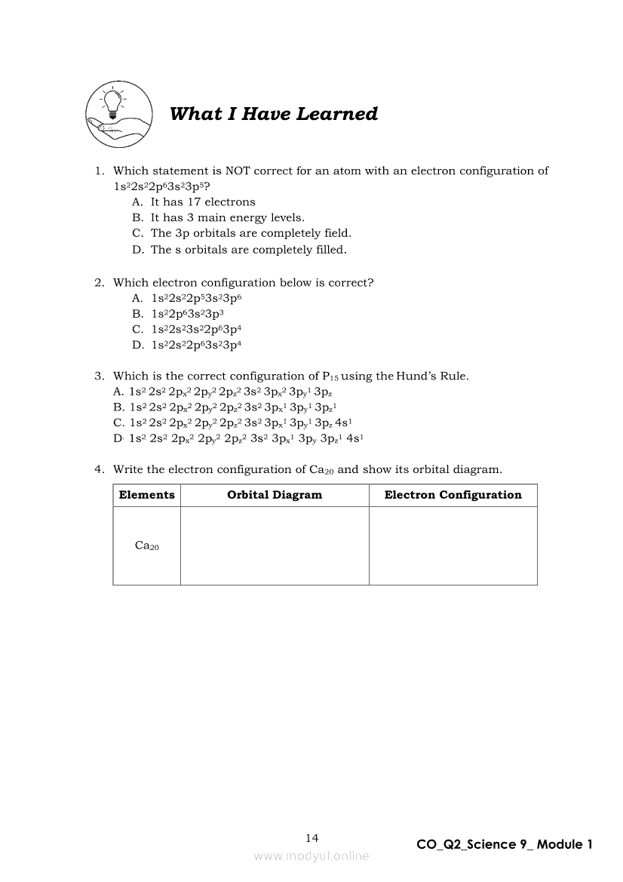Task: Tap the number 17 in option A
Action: point(194,202)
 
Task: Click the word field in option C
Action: point(337,234)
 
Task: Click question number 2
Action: point(99,283)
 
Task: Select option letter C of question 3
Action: point(118,423)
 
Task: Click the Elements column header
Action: point(147,495)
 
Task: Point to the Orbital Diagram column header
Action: point(275,495)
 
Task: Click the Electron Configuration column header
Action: point(453,495)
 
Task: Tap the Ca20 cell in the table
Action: point(147,546)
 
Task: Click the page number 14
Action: point(312,838)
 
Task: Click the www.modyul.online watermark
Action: point(311,856)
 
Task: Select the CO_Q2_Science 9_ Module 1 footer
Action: point(505,844)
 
